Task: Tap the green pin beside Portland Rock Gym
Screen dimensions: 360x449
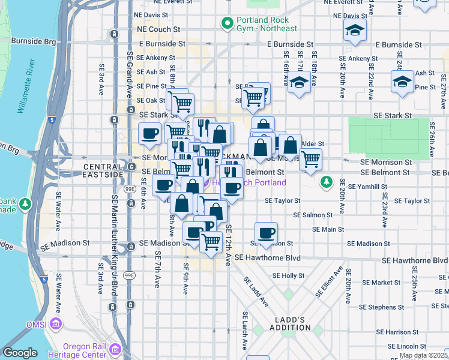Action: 228,24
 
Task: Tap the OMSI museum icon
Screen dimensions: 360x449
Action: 56,325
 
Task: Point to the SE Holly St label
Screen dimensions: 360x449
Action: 289,275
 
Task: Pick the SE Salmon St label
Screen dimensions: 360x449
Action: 313,215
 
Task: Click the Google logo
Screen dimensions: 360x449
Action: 20,353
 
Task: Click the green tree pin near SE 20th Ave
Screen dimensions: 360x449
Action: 326,181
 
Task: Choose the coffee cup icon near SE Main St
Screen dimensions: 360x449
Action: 266,233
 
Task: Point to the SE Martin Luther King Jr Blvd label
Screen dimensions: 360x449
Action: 115,246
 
